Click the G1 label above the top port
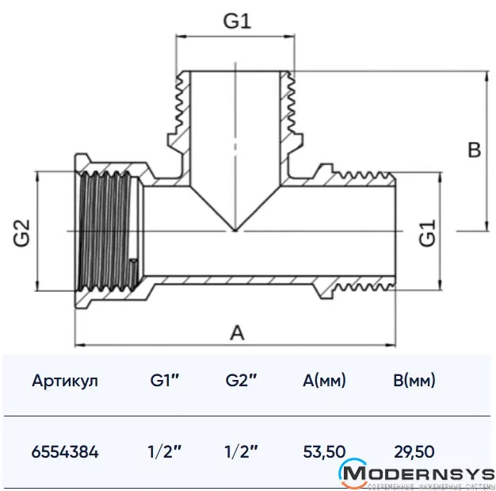(x=236, y=21)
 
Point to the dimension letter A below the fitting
(x=236, y=333)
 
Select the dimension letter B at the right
(x=474, y=150)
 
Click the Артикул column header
(x=65, y=381)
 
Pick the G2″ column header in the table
(x=242, y=381)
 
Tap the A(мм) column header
(x=324, y=381)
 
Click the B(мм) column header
(x=414, y=381)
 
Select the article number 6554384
(x=65, y=452)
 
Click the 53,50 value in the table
(x=324, y=452)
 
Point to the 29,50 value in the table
(x=414, y=452)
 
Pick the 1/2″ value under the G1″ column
(x=166, y=452)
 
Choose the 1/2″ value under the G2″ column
(x=242, y=452)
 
